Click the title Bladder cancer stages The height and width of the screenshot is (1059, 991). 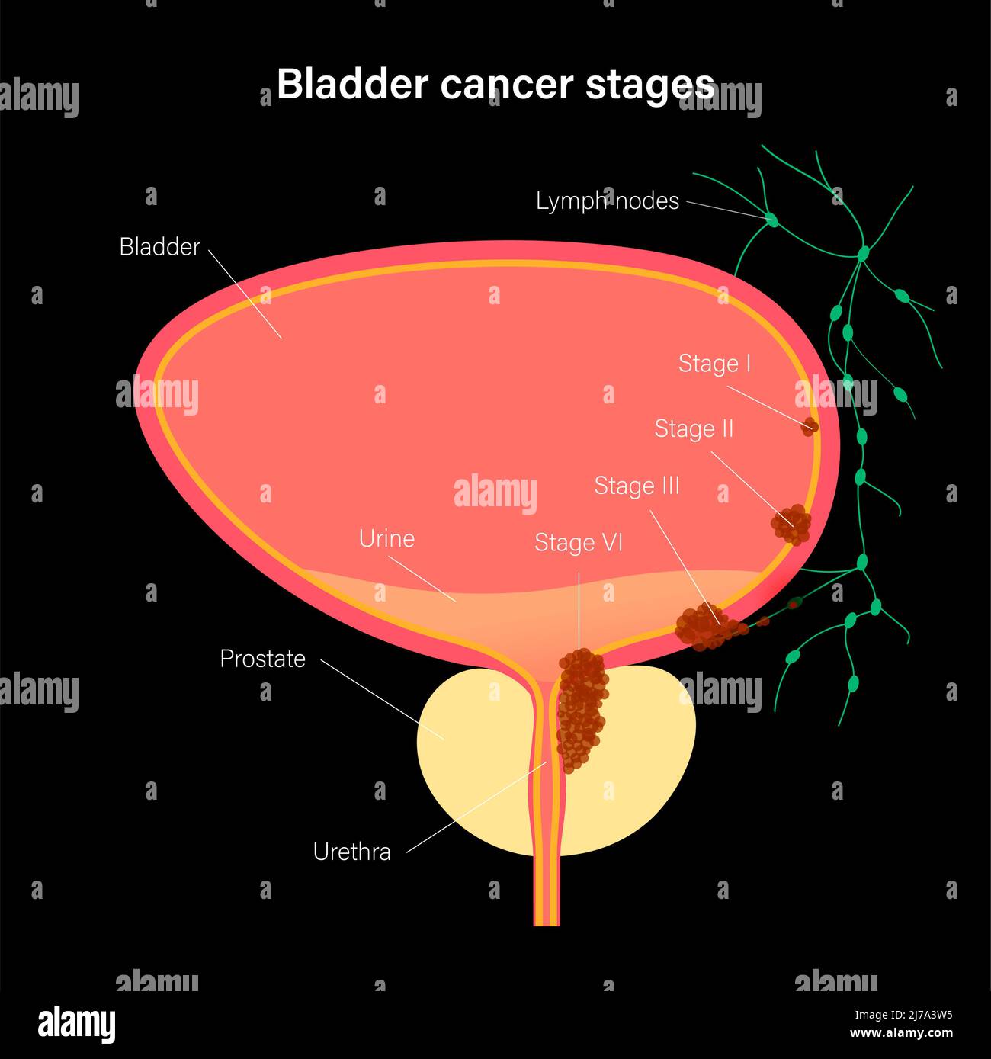pos(496,84)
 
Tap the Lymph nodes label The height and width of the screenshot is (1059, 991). pos(607,201)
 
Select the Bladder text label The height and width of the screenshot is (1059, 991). pos(159,247)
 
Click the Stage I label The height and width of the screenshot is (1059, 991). pos(714,364)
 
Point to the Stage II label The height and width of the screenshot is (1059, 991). pos(694,428)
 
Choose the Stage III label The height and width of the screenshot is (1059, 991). pos(637,486)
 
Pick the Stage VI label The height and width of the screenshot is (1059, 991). pos(579,542)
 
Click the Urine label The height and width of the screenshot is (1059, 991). pos(386,538)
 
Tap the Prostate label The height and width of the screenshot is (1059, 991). pos(262,659)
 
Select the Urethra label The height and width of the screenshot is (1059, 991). pos(351,852)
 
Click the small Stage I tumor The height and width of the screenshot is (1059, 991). pos(810,426)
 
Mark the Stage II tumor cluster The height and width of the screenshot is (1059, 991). pos(792,525)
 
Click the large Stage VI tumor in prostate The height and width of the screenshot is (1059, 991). pos(582,709)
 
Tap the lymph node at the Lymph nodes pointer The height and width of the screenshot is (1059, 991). pos(771,220)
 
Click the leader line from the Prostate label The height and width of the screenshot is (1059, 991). pos(381,698)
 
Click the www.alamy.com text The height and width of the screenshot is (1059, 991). pos(901,1034)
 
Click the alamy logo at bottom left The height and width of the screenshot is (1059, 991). pos(76,1023)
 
